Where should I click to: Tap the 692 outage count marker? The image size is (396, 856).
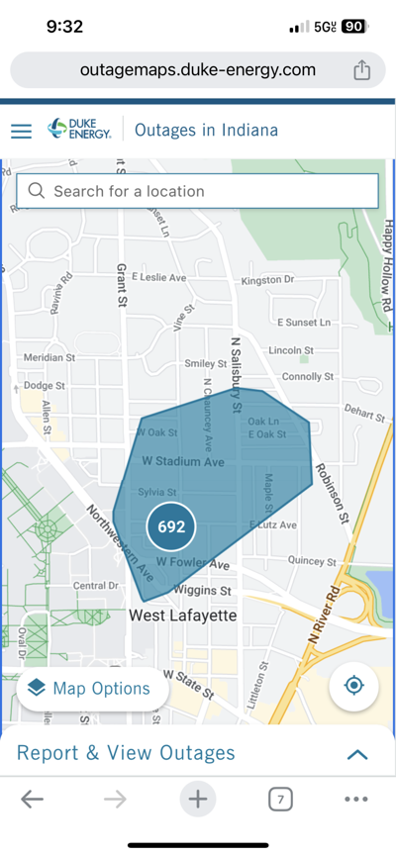[x=171, y=526]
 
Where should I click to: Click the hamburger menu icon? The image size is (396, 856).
[x=21, y=131]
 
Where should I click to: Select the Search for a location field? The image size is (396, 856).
[x=197, y=191]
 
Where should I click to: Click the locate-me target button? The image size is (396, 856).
[x=354, y=686]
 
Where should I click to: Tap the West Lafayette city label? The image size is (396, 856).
[x=184, y=616]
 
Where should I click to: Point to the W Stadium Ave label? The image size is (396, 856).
[x=183, y=462]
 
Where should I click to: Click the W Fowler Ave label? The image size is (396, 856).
[x=193, y=564]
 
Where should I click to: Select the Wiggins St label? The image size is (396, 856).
[x=202, y=591]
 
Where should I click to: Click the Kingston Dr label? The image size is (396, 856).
[x=267, y=280]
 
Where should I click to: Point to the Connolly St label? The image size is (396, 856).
[x=308, y=377]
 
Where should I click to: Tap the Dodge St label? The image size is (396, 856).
[x=44, y=385]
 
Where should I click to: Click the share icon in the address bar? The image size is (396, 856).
[x=361, y=70]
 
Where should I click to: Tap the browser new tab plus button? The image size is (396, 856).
[x=198, y=799]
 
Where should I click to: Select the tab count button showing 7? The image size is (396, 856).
[x=280, y=799]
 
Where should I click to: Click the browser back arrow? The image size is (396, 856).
[x=32, y=799]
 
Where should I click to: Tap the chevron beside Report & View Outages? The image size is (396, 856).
[x=357, y=754]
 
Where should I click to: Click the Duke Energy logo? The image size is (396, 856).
[x=79, y=130]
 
